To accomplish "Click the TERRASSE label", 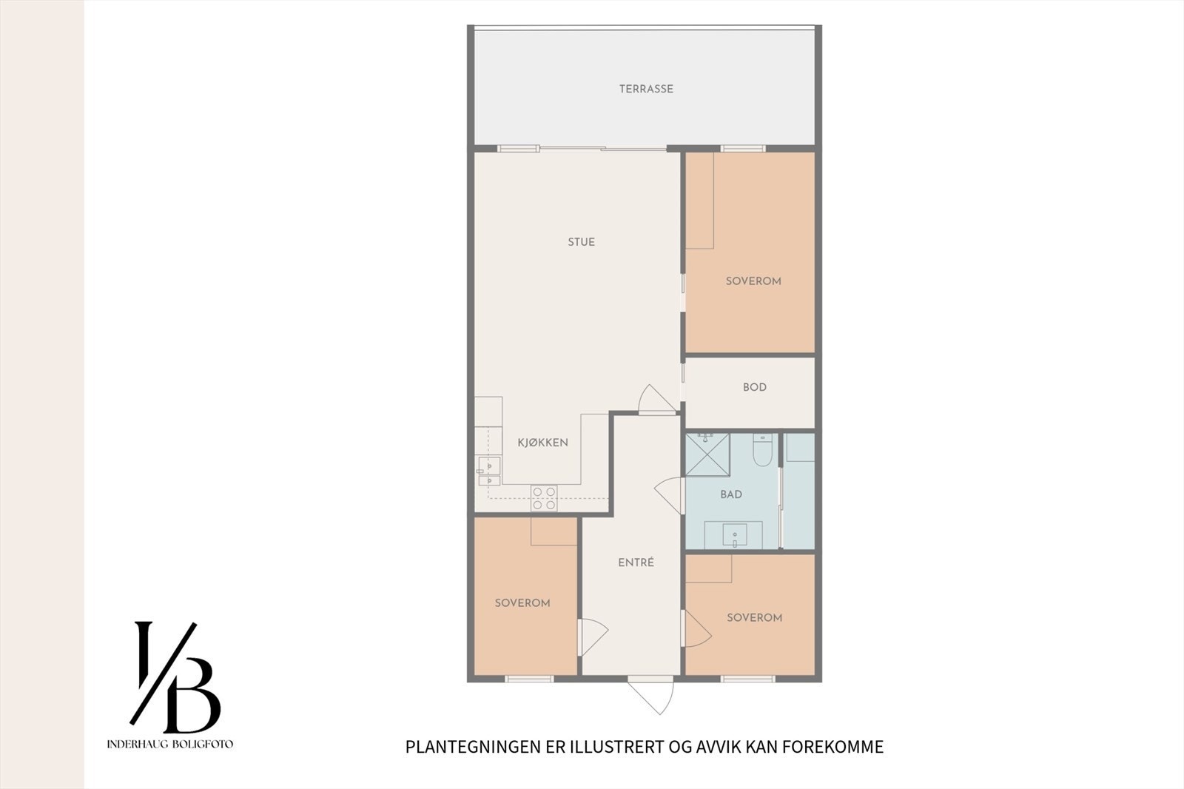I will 646,89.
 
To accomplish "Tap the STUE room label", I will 581,242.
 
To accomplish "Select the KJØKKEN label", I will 542,443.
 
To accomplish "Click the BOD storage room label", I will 754,387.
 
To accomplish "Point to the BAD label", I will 730,494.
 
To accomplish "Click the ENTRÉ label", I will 636,563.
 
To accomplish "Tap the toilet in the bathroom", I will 762,449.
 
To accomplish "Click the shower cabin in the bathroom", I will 707,454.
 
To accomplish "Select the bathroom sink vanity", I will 733,534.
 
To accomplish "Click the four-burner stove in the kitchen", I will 544,498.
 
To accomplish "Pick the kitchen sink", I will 489,471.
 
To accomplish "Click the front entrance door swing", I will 651,695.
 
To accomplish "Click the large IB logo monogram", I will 175,676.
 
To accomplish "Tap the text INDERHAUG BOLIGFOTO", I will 170,744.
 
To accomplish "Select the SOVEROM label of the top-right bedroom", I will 753,281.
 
